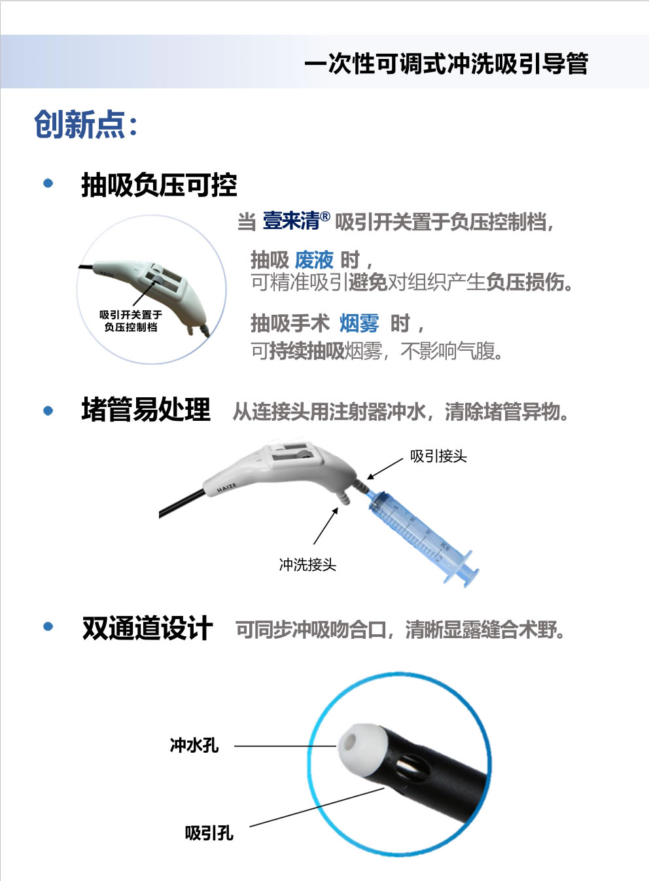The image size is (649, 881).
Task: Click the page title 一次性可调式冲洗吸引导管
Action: [446, 63]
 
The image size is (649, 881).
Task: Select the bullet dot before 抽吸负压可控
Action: [48, 183]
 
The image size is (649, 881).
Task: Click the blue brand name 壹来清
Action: [292, 221]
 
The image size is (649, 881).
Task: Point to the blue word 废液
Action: [314, 260]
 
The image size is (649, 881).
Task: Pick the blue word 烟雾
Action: [359, 323]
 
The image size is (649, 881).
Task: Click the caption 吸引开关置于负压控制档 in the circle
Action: [131, 321]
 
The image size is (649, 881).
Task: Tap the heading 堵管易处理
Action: [146, 410]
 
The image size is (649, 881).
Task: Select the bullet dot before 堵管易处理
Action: [48, 410]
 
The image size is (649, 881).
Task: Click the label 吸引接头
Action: [438, 456]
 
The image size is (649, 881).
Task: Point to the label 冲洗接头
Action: [307, 564]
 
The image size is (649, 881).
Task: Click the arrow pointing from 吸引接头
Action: [385, 469]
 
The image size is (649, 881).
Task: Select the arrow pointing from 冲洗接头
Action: [326, 526]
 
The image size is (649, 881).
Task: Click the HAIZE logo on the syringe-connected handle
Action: [227, 488]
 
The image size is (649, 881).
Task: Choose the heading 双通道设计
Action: [147, 628]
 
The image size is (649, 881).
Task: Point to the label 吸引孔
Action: [209, 833]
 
